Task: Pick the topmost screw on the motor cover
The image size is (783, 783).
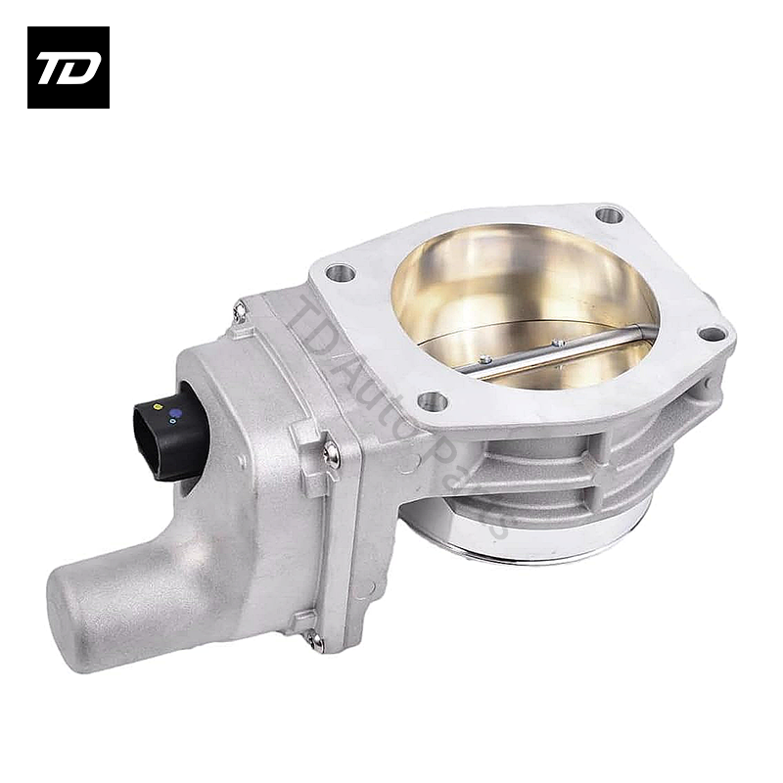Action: (239, 311)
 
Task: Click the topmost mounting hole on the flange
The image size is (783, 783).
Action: (609, 213)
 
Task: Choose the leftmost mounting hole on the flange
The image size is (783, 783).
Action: (341, 273)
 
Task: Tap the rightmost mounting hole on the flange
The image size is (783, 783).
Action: (712, 334)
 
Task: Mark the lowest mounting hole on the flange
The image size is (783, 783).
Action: (432, 400)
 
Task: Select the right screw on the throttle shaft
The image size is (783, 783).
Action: (559, 344)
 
